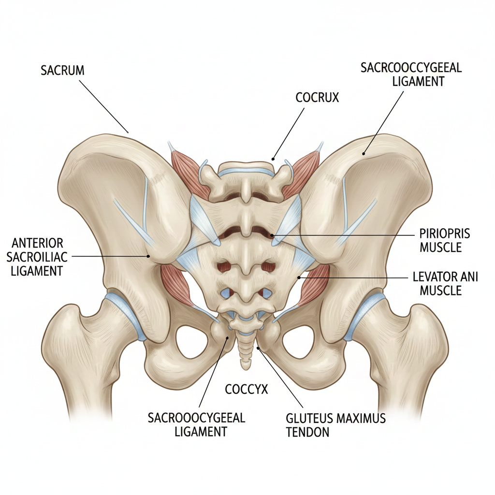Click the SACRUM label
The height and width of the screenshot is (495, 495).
[x=62, y=70]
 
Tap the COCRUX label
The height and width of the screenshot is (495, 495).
[x=317, y=97]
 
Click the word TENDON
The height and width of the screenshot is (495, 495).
[x=307, y=432]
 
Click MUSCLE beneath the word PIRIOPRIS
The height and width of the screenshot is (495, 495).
[x=441, y=248]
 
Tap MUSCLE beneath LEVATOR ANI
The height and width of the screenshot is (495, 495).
[x=441, y=291]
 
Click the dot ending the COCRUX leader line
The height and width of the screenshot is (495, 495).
[x=273, y=158]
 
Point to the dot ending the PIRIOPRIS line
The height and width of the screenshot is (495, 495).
[x=273, y=235]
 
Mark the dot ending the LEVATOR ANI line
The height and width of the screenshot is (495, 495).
[x=300, y=277]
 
